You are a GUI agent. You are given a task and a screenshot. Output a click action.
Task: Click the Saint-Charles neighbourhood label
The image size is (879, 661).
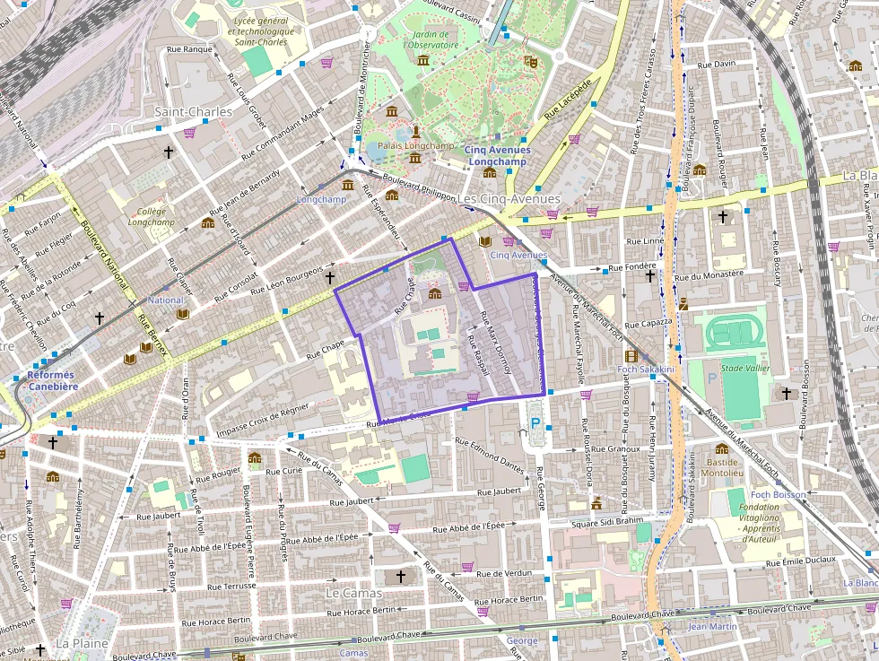click(193, 112)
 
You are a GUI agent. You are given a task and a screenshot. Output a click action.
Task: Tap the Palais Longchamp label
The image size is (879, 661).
click(416, 145)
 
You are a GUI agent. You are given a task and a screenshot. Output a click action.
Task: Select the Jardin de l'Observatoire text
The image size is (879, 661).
click(431, 39)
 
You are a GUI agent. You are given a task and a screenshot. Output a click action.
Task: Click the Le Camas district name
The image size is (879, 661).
click(353, 593)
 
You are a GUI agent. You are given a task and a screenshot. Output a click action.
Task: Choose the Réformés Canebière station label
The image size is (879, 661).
click(53, 380)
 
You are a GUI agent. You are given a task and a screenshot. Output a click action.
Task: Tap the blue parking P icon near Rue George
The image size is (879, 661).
click(536, 422)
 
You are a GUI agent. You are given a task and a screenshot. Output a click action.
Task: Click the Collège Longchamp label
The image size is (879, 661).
click(151, 216)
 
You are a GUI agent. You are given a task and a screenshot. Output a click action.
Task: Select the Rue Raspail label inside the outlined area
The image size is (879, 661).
click(477, 355)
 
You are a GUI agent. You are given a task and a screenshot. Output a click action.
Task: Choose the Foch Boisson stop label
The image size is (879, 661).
click(778, 494)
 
